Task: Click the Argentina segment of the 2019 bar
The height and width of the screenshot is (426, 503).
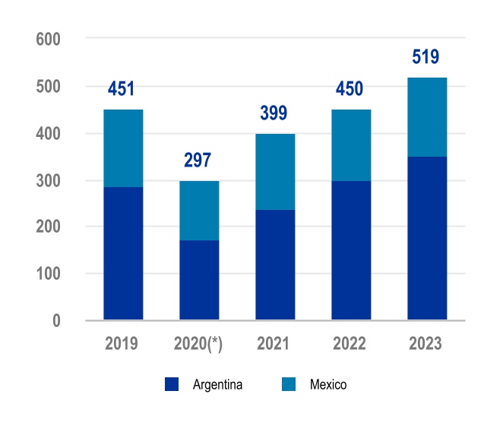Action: pos(123,253)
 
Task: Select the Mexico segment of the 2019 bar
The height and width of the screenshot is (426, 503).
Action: pos(123,148)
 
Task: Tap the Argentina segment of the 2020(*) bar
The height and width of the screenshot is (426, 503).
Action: pos(199,280)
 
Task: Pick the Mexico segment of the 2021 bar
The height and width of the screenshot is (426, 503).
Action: pos(275,172)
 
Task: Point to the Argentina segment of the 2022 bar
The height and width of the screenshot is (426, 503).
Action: pos(351,250)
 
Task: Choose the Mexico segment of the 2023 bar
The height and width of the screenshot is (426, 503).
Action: pos(427,117)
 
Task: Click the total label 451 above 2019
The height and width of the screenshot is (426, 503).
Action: pos(122,89)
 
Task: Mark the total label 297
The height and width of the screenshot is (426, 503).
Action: pos(198,161)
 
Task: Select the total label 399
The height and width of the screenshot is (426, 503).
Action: pos(274,114)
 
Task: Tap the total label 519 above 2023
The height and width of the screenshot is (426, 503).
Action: pos(426,57)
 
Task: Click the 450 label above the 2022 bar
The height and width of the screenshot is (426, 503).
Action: pos(350,89)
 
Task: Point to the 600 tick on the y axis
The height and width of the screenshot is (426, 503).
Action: pos(48,39)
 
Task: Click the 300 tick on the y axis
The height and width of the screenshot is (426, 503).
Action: pos(48,180)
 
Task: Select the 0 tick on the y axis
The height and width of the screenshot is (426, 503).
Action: pos(56,321)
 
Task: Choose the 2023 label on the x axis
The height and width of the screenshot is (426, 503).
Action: pos(426,344)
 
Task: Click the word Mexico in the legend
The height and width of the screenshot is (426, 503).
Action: pos(328,385)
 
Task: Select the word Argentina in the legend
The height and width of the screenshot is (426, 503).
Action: pos(217,385)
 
